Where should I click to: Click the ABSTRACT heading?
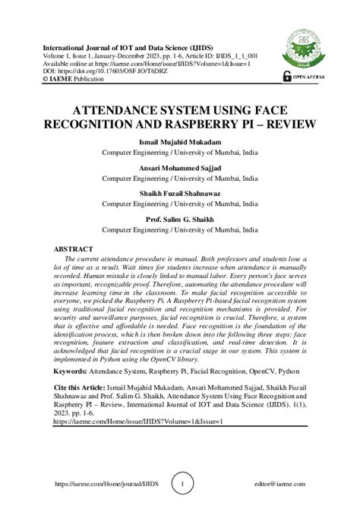pyautogui.click(x=74, y=249)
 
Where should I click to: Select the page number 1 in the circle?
pyautogui.click(x=180, y=483)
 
